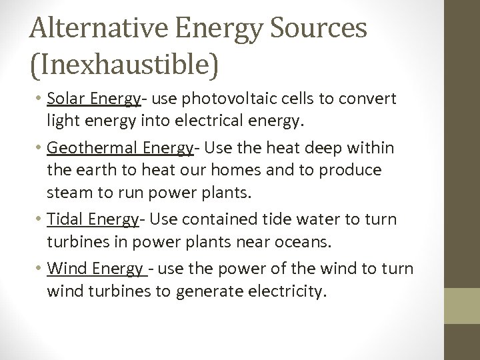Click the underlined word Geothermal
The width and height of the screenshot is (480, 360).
[x=89, y=148]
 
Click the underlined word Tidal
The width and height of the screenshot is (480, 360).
[x=65, y=219]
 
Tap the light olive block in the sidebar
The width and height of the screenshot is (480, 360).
[x=462, y=306]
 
